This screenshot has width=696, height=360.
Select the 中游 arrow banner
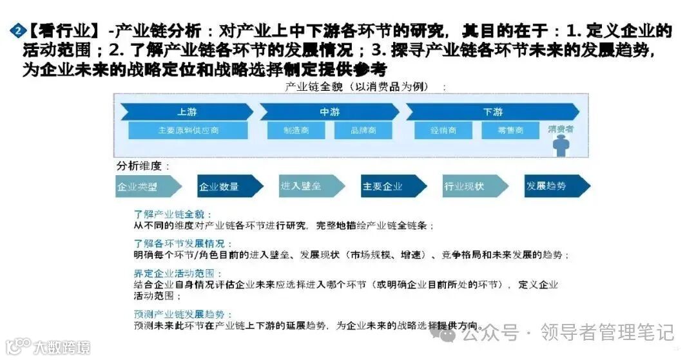pyautogui.click(x=329, y=111)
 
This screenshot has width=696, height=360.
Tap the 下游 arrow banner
pyautogui.click(x=493, y=111)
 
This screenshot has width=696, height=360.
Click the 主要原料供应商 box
pyautogui.click(x=188, y=130)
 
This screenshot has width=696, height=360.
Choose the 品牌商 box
pyautogui.click(x=363, y=130)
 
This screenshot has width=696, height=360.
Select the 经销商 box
pyautogui.click(x=443, y=130)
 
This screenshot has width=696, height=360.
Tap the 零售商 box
pyautogui.click(x=510, y=130)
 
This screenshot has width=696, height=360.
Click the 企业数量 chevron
pyautogui.click(x=221, y=186)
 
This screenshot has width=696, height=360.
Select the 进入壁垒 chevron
pyautogui.click(x=302, y=186)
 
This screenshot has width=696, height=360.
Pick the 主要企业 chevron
pyautogui.click(x=384, y=186)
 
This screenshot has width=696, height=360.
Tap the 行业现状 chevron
pyautogui.click(x=466, y=186)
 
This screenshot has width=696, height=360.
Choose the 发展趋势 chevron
pyautogui.click(x=548, y=186)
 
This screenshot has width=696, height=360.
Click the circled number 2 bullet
pyautogui.click(x=17, y=30)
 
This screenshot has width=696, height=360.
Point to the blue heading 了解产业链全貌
pyautogui.click(x=173, y=214)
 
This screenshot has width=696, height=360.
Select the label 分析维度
pyautogui.click(x=143, y=166)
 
